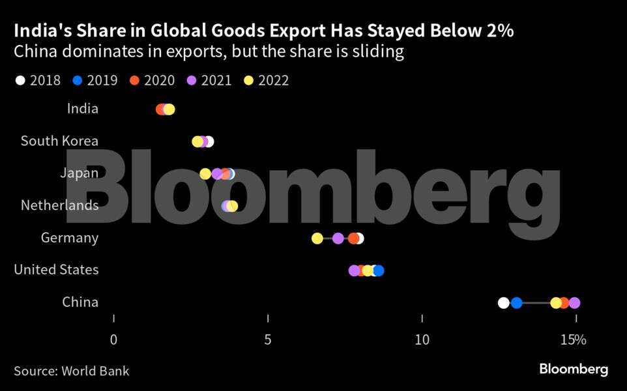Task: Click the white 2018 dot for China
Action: (503, 302)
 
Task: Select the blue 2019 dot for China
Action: (516, 302)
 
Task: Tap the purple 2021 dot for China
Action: (574, 302)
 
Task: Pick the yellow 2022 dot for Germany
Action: (317, 239)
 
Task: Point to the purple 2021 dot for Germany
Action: (338, 239)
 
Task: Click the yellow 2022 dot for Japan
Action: (205, 174)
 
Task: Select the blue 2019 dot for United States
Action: (378, 270)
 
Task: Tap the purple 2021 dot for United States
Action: (354, 270)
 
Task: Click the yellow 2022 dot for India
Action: (169, 109)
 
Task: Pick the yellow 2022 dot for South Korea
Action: (197, 141)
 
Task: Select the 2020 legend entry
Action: (152, 81)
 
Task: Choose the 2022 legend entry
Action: (266, 81)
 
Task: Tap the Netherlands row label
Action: (59, 206)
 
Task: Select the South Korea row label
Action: (59, 141)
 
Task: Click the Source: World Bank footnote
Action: (72, 371)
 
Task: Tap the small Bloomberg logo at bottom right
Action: (574, 369)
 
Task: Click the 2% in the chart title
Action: (499, 31)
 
